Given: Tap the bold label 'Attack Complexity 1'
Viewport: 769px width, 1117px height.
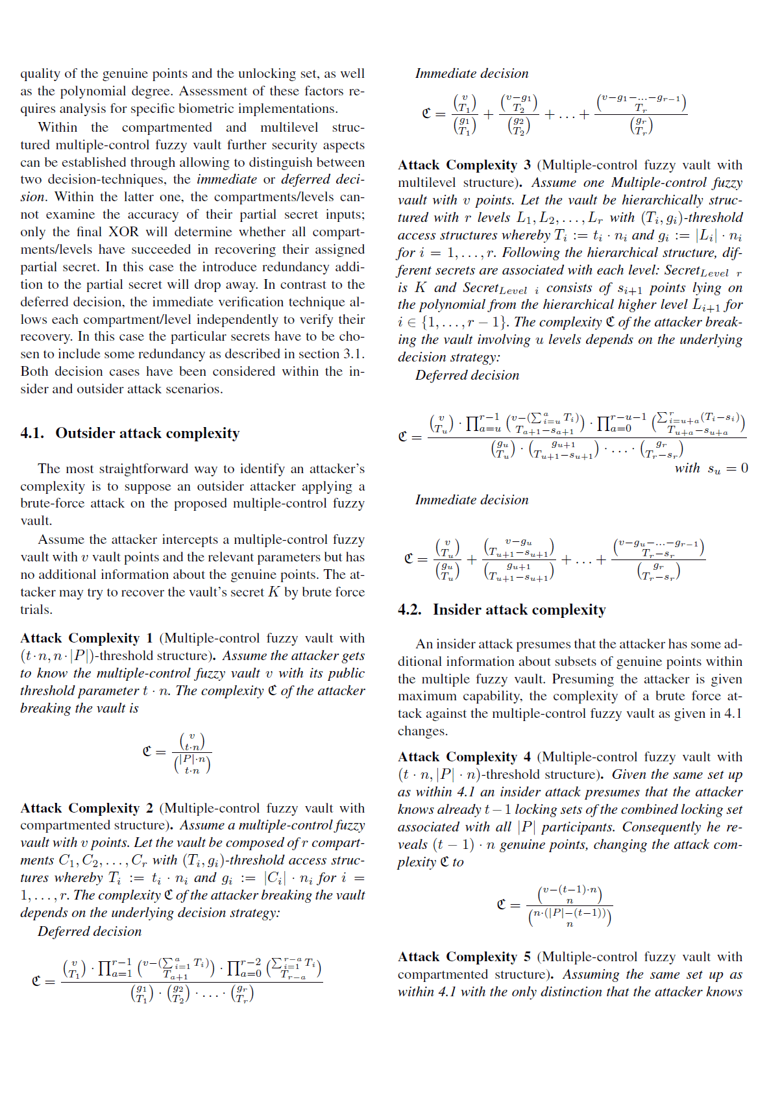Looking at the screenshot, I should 86,639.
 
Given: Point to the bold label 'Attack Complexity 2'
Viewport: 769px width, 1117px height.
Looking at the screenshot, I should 86,809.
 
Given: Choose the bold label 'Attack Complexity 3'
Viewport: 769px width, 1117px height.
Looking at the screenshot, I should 464,166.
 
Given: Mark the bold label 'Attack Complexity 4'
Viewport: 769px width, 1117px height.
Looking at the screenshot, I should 464,757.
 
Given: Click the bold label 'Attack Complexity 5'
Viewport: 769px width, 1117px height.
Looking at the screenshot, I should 464,957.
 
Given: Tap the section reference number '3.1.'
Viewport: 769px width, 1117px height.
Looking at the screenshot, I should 354,354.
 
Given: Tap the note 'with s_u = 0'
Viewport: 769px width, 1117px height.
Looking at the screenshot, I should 711,469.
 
